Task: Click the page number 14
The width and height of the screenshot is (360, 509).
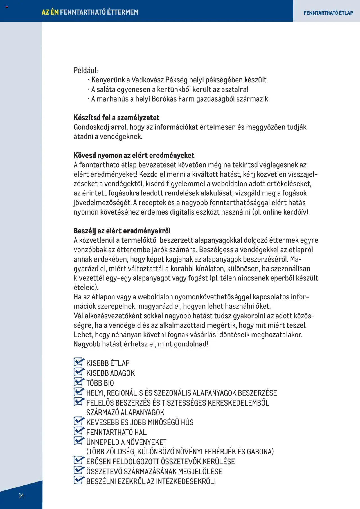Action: (21, 496)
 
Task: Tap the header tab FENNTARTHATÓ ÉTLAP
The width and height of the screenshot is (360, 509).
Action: (328, 13)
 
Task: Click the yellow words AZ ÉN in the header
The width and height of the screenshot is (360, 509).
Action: (50, 12)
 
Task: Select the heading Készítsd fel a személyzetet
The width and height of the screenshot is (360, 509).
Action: (116, 118)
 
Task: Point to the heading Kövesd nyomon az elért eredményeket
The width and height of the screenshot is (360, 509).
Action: (134, 155)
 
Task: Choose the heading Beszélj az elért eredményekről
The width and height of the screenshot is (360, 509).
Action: (122, 231)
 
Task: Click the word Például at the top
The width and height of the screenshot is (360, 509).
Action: (85, 70)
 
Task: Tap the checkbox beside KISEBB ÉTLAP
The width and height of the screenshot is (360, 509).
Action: (78, 362)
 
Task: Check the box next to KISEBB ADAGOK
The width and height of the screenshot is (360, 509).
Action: (78, 372)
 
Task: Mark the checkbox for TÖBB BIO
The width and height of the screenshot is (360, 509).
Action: (78, 382)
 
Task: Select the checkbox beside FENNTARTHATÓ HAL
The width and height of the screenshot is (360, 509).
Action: (78, 431)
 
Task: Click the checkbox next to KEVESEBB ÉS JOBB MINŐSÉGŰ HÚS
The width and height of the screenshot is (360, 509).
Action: (78, 421)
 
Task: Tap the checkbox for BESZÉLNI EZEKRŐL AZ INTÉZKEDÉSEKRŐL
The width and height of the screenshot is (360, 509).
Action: (78, 480)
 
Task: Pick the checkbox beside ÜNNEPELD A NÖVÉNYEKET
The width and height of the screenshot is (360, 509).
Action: (78, 441)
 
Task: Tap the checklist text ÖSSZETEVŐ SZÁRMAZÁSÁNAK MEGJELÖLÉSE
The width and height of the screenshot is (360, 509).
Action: (154, 471)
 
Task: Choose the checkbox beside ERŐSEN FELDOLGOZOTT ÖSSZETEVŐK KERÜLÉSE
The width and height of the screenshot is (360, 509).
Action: (78, 460)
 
